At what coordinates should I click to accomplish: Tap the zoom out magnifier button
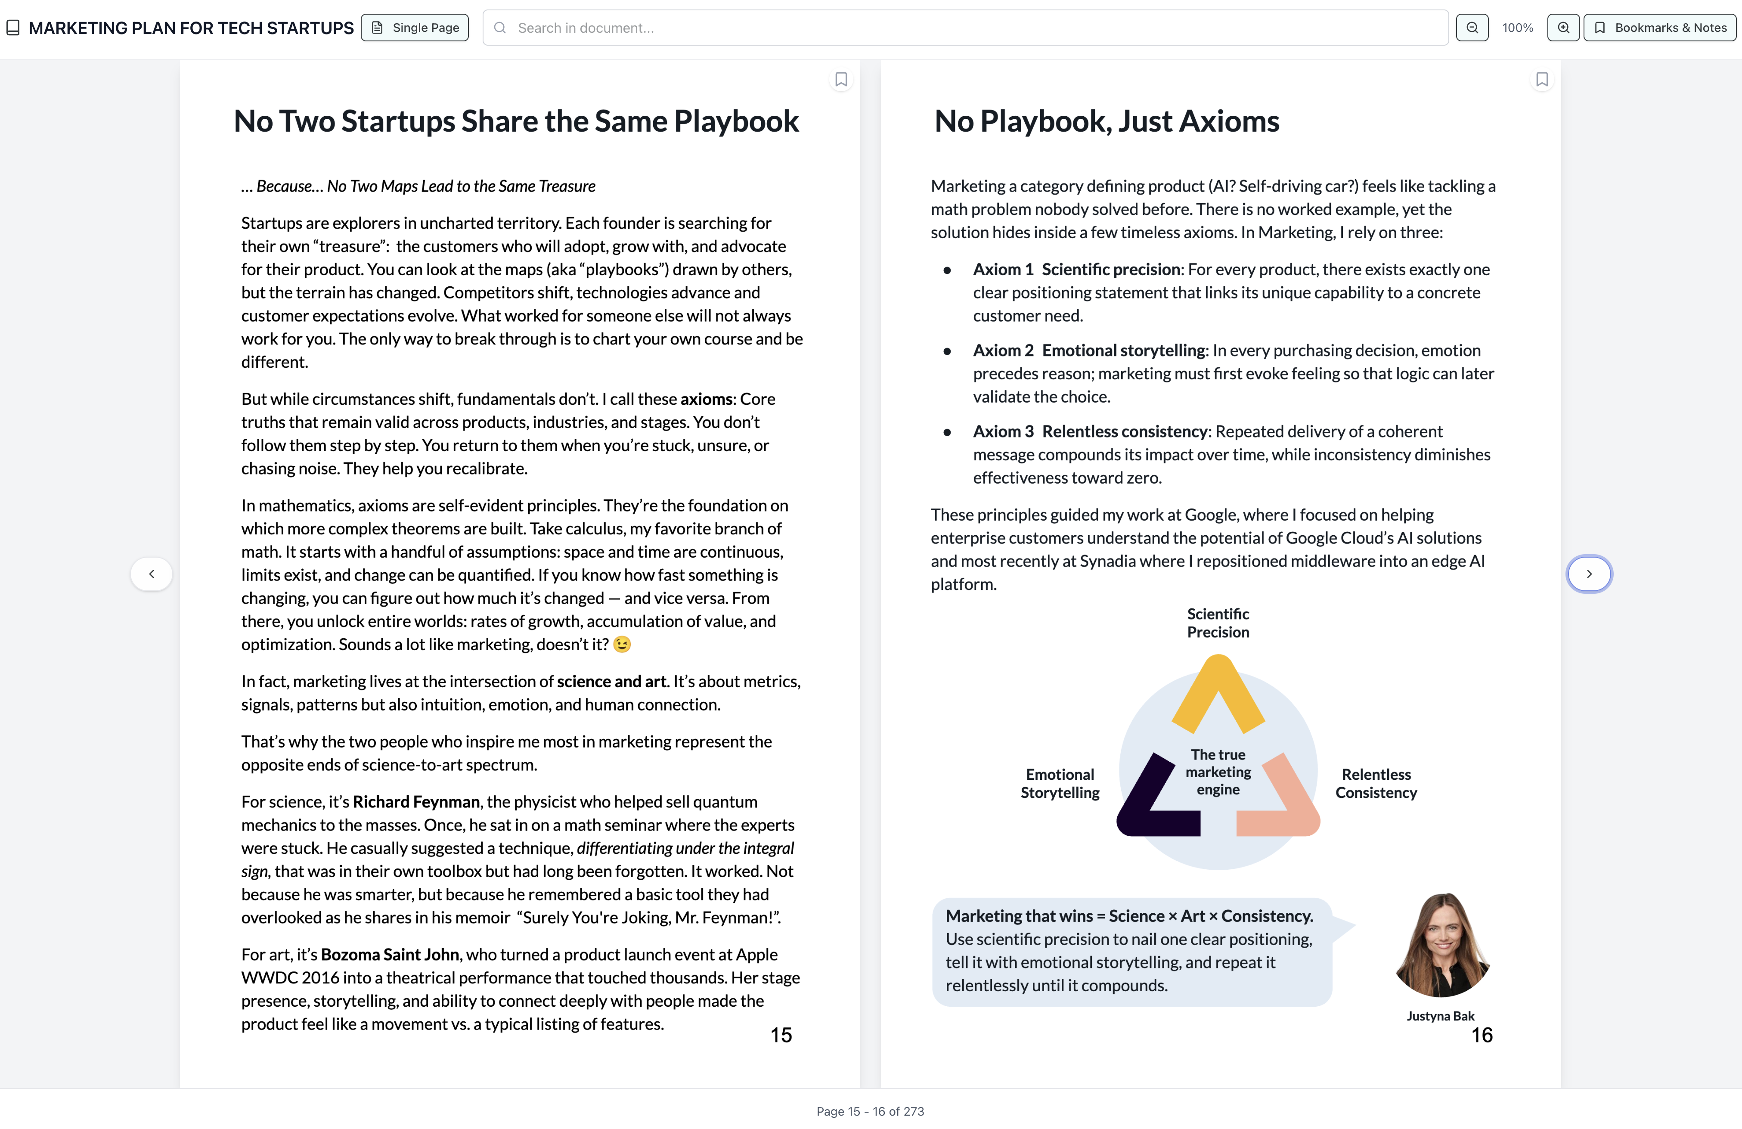pos(1472,28)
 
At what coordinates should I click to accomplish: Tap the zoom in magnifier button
pos(1563,28)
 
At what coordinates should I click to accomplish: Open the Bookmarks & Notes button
pos(1660,28)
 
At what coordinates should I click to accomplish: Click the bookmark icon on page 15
pos(841,79)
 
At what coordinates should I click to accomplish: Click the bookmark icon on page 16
pos(1541,79)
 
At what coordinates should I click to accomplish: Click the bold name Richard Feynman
pos(416,802)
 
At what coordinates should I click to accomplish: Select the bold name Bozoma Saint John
pos(389,955)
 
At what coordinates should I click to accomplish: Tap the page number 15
pos(781,1035)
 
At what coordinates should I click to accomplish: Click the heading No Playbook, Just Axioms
pos(1107,121)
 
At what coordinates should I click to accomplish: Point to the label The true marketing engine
pos(1218,772)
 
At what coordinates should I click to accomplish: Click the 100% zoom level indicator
pos(1517,28)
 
